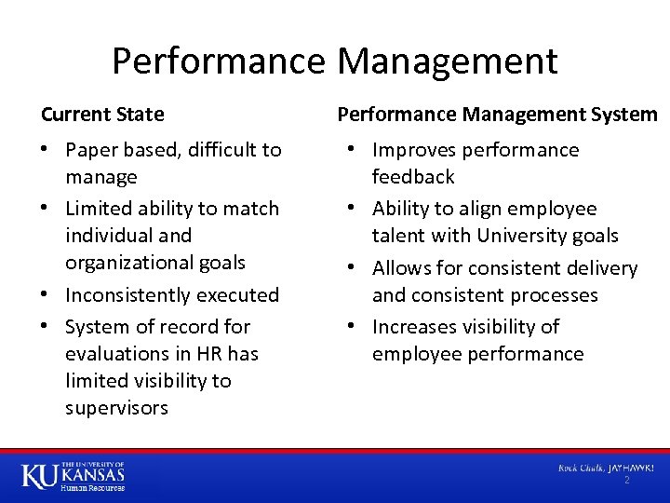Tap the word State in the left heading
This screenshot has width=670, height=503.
pyautogui.click(x=142, y=115)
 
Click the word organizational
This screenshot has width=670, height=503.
pyautogui.click(x=127, y=263)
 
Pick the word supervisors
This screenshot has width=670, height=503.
pyautogui.click(x=116, y=408)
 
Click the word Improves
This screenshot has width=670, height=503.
pyautogui.click(x=416, y=150)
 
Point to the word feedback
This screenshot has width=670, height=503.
pyautogui.click(x=413, y=177)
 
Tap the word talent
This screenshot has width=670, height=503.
pyautogui.click(x=397, y=236)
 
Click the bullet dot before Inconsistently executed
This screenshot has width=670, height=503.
pyautogui.click(x=47, y=295)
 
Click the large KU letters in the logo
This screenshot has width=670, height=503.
pyautogui.click(x=39, y=476)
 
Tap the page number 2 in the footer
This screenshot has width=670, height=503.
pyautogui.click(x=626, y=480)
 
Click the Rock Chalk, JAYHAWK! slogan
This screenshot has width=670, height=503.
pyautogui.click(x=606, y=467)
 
